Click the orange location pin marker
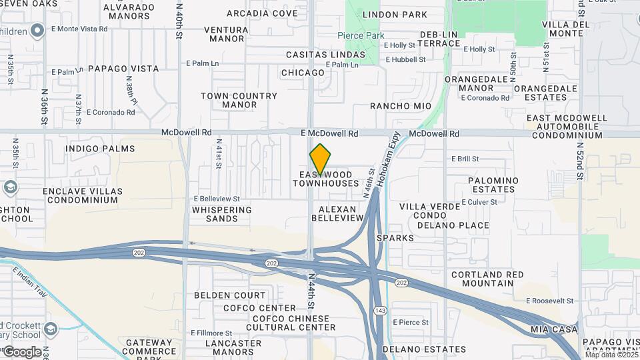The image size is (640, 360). point(321,158)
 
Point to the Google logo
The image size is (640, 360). point(22,351)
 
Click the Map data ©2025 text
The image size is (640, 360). point(611,355)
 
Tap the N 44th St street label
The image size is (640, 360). point(311,291)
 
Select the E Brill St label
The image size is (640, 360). point(465,159)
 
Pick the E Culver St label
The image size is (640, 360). point(479,201)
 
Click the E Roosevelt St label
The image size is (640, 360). point(549,301)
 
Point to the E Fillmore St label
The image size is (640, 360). point(211,333)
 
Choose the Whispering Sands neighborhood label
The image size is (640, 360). point(222,214)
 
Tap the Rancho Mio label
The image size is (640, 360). point(401,106)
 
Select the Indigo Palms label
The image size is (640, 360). point(101,149)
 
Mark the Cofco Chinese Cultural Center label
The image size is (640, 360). point(284,323)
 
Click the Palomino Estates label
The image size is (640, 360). point(493,185)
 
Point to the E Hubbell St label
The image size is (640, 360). point(405,59)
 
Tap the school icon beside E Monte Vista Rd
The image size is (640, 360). point(38,29)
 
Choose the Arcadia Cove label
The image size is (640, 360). point(262,13)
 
